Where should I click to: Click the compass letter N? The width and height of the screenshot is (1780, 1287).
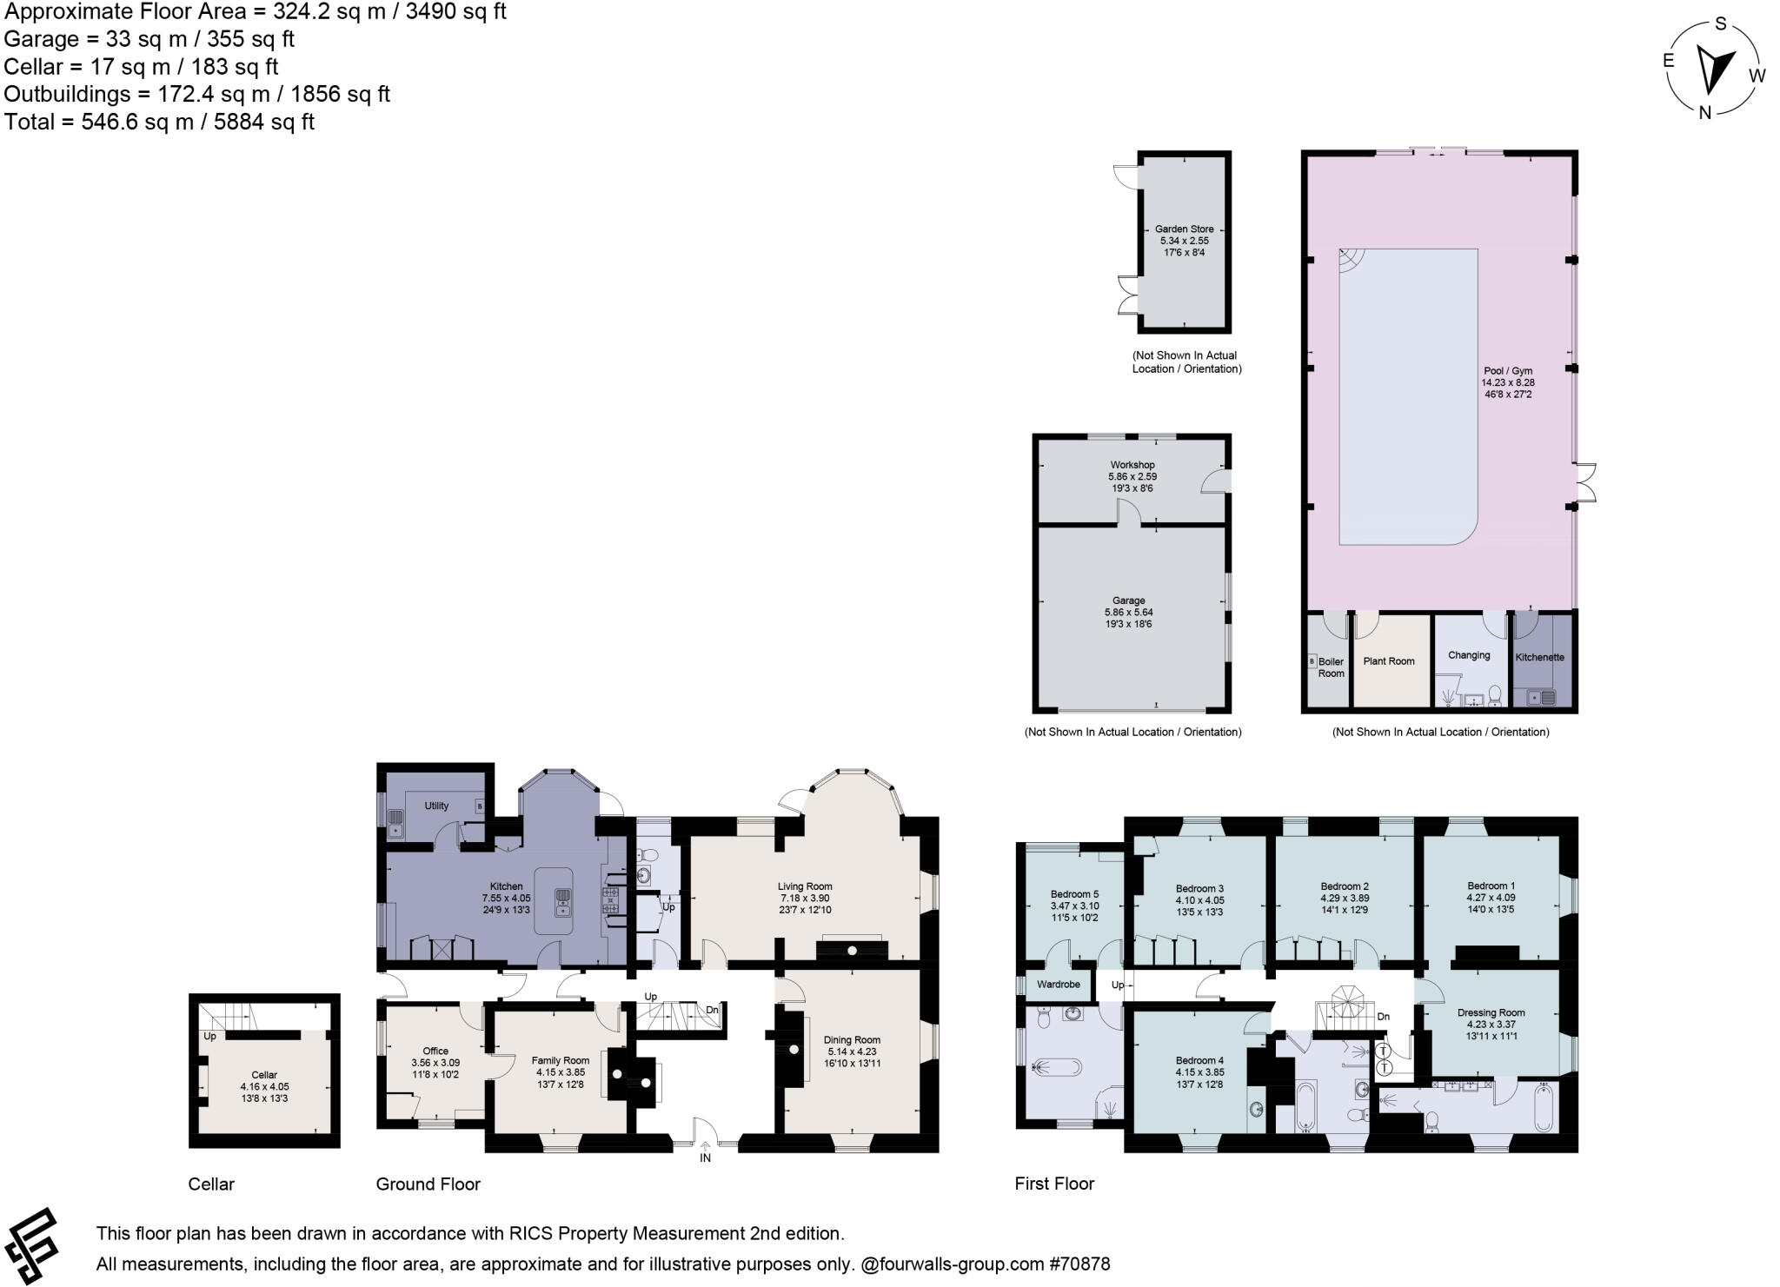[x=1704, y=112]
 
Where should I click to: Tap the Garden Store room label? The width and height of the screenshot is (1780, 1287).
[x=1184, y=229]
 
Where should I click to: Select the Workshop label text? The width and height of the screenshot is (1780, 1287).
[x=1132, y=465]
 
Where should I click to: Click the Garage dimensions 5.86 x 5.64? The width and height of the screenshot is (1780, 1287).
[x=1128, y=612]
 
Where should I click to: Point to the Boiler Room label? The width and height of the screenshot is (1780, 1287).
[x=1331, y=667]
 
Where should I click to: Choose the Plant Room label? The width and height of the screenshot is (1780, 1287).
[x=1389, y=661]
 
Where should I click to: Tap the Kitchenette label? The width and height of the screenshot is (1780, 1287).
[x=1539, y=657]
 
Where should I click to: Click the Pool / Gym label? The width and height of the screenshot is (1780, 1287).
[x=1508, y=371]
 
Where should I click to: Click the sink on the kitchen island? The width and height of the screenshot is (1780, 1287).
[x=562, y=903]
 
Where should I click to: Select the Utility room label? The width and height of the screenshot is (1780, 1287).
[x=436, y=806]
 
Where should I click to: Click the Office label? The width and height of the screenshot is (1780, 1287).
[x=435, y=1051]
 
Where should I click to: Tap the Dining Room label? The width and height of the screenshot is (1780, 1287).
[x=852, y=1039]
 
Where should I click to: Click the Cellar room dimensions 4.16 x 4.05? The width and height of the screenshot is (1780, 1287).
[x=264, y=1086]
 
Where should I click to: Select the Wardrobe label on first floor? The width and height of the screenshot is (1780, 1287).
[x=1058, y=985]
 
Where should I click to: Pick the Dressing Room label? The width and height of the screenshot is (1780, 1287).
[x=1491, y=1012]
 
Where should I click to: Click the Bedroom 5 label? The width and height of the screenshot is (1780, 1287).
[x=1074, y=894]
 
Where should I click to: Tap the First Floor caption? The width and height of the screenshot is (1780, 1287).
[x=1054, y=1184]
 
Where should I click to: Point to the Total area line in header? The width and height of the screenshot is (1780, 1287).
[x=159, y=122]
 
